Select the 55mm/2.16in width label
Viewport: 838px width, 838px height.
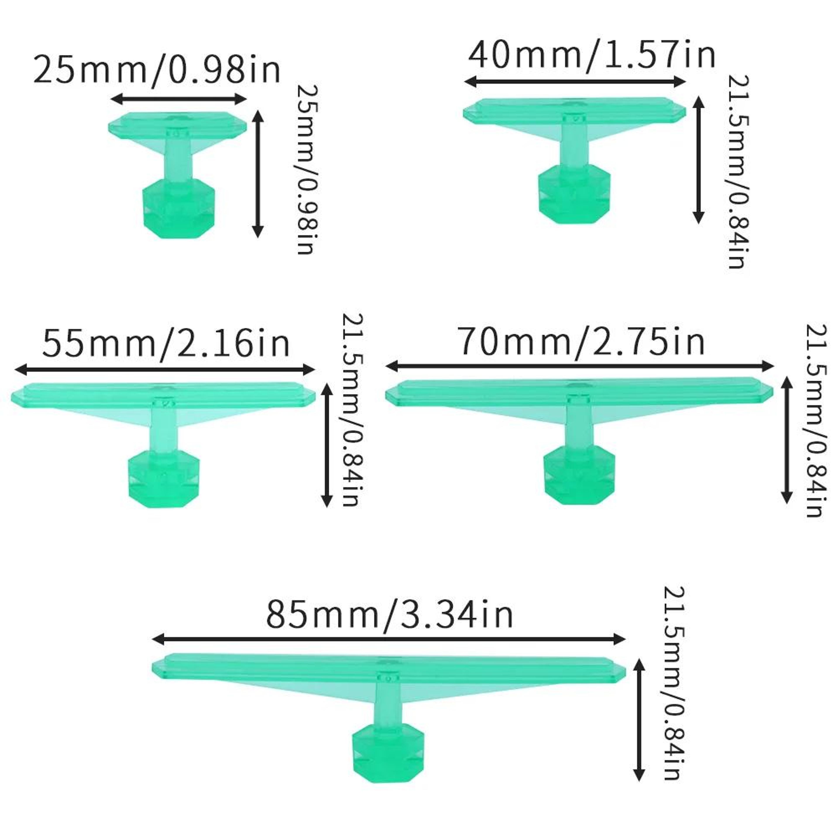(166, 343)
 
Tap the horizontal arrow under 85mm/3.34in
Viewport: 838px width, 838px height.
(389, 639)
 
